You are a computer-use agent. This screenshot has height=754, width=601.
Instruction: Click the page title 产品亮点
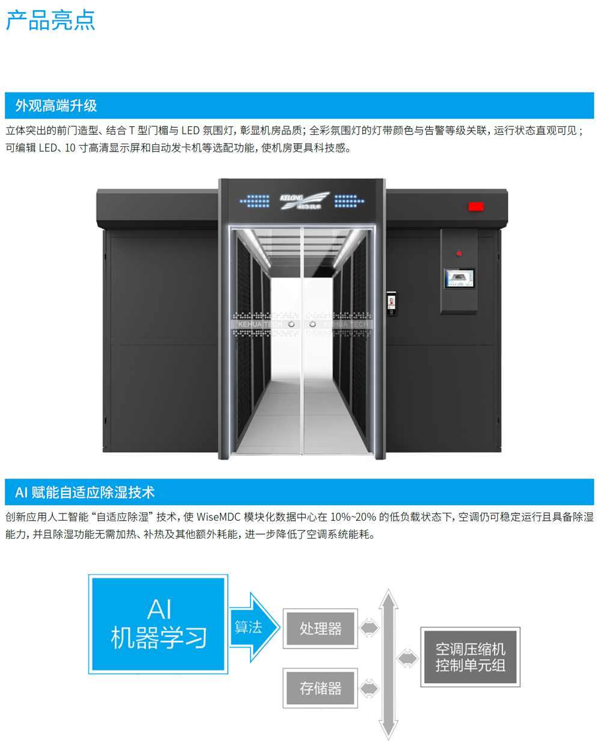(x=50, y=20)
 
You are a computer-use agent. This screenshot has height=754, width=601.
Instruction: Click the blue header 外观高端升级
(x=56, y=106)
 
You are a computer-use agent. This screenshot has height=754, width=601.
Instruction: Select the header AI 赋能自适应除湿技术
(x=85, y=492)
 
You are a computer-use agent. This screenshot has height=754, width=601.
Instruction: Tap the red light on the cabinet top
(x=476, y=207)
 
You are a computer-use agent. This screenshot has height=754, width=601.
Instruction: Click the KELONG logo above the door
(x=304, y=200)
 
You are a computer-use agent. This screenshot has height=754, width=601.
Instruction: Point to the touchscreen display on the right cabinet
(x=459, y=278)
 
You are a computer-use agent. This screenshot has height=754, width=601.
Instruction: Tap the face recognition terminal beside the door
(x=391, y=302)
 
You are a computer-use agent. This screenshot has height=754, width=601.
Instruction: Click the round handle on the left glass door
(x=291, y=324)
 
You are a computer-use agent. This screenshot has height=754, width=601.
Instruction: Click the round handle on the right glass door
(x=313, y=324)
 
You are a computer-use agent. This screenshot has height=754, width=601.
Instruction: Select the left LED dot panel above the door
(x=255, y=201)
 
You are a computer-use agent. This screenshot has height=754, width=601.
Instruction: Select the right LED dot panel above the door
(x=349, y=201)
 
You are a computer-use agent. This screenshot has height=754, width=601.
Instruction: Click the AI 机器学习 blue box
(x=159, y=624)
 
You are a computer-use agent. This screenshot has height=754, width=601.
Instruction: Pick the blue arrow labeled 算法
(x=252, y=627)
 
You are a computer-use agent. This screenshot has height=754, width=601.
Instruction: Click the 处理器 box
(x=320, y=629)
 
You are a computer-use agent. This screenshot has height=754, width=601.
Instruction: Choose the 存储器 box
(x=320, y=688)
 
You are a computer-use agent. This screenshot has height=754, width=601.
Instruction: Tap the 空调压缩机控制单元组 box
(x=470, y=657)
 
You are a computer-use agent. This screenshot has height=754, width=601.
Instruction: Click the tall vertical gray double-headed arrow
(x=388, y=664)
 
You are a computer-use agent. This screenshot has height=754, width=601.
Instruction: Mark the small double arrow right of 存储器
(x=369, y=688)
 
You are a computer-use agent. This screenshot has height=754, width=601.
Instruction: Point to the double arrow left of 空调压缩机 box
(x=407, y=658)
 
